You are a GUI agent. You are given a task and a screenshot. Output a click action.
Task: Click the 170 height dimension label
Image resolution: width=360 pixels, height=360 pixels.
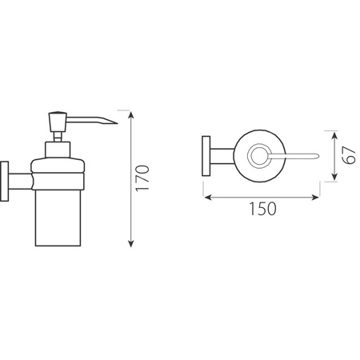pyautogui.click(x=142, y=178)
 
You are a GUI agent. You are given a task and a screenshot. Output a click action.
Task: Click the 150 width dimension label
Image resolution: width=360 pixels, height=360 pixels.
pyautogui.click(x=262, y=209)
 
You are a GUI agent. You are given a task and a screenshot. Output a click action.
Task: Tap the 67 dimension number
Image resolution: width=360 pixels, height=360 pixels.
pyautogui.click(x=350, y=155)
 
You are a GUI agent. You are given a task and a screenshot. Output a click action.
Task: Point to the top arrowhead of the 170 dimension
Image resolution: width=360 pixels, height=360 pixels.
pyautogui.click(x=130, y=115)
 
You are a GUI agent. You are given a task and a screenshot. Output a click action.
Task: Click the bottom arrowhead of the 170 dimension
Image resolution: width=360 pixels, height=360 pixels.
pyautogui.click(x=130, y=243)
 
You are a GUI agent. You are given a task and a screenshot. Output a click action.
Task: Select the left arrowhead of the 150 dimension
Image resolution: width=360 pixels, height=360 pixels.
pyautogui.click(x=208, y=198)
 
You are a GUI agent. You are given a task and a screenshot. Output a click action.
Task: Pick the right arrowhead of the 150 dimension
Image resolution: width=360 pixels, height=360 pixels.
pyautogui.click(x=315, y=198)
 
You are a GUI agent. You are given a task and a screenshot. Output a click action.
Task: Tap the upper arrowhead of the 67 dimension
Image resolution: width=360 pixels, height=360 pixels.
pyautogui.click(x=335, y=135)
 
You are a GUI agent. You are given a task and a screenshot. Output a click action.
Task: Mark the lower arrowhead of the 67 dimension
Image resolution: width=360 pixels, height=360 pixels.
pyautogui.click(x=335, y=177)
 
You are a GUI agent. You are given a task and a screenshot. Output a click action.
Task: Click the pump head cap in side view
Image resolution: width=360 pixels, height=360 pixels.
pyautogui.click(x=58, y=121)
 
